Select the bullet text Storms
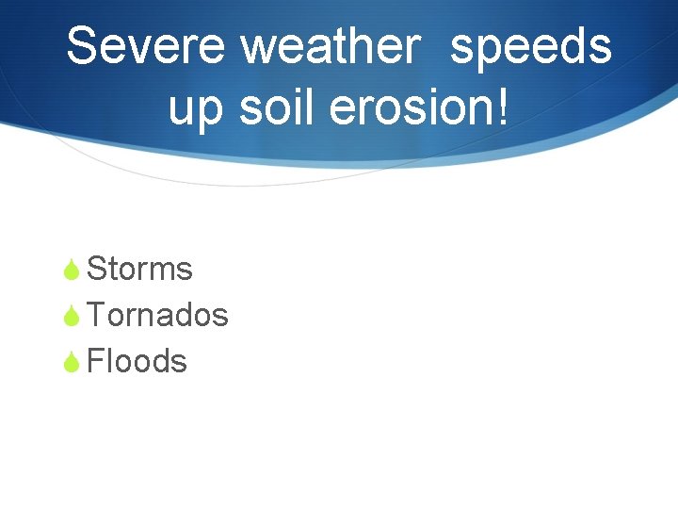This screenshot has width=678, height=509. coord(139,269)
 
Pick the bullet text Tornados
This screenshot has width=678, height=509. coord(157,315)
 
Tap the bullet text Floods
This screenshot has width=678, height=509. coord(137,361)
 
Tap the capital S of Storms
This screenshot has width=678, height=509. coord(95,269)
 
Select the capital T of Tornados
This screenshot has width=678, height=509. coord(95,315)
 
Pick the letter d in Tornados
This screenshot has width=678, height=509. coord(188,315)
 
